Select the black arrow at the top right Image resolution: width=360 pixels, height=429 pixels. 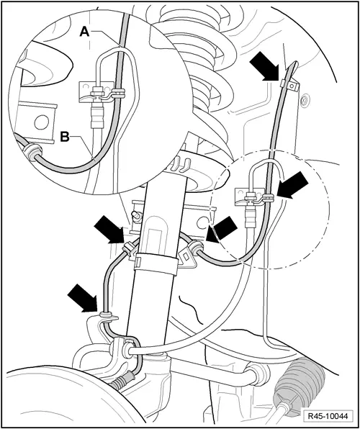pos(269,70)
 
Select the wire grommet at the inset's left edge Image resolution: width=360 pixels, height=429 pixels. pos(32,152)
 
